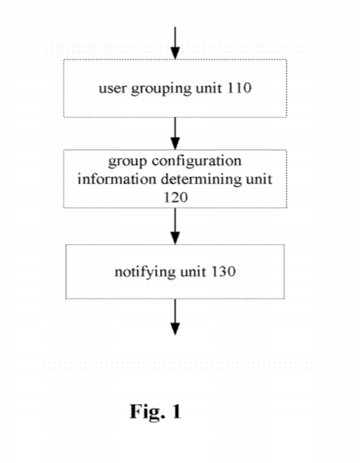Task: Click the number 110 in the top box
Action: (x=239, y=87)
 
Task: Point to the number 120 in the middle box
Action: (x=176, y=198)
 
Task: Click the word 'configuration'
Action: (x=197, y=161)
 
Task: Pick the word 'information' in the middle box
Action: (x=117, y=179)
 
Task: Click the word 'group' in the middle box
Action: (x=127, y=162)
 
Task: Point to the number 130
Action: (x=224, y=271)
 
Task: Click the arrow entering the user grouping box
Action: (x=176, y=43)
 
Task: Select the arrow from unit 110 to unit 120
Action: (x=176, y=133)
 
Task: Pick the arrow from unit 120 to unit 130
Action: (x=176, y=226)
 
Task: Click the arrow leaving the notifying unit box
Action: (x=176, y=317)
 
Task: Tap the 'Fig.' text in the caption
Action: (x=147, y=412)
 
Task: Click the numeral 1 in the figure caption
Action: (x=176, y=411)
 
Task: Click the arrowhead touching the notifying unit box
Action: (x=176, y=238)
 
